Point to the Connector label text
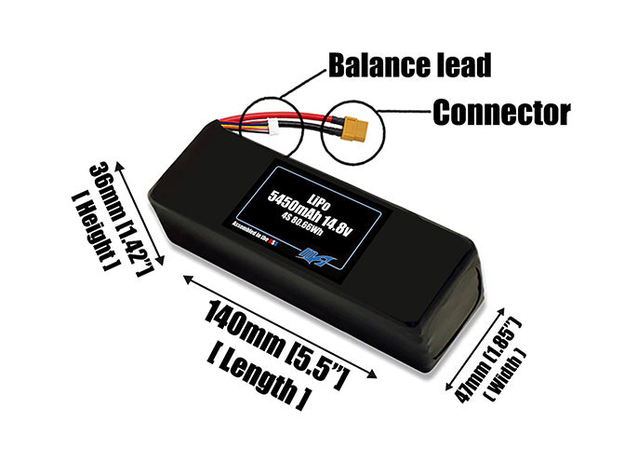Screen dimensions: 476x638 tap(500, 114)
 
